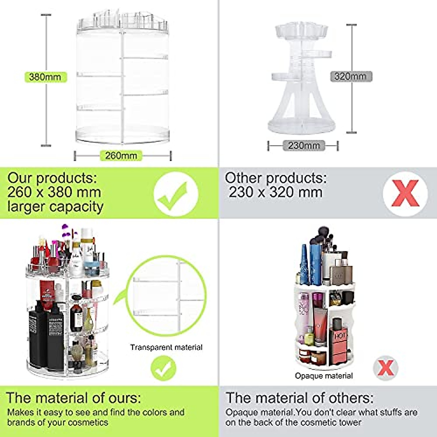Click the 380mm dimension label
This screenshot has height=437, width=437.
[45, 77]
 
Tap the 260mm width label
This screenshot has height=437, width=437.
[121, 155]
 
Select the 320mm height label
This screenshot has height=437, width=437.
[351, 76]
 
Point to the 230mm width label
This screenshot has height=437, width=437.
[304, 146]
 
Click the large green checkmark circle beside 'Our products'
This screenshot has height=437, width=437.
[176, 194]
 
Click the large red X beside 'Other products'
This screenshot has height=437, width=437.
[405, 194]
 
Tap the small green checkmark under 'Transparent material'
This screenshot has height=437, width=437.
[164, 369]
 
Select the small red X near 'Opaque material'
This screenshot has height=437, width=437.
[386, 368]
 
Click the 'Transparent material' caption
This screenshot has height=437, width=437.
[166, 347]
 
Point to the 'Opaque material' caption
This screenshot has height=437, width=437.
[324, 376]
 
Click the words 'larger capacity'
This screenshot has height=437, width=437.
[55, 206]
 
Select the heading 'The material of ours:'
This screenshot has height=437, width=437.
[74, 398]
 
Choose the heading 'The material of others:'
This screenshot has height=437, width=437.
[299, 398]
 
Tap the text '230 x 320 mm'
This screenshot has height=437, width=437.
[276, 192]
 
